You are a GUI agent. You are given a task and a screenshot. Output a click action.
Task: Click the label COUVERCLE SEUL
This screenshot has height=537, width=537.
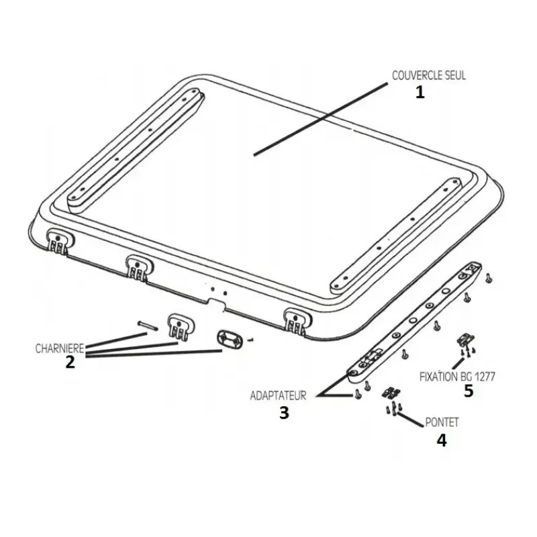(429, 75)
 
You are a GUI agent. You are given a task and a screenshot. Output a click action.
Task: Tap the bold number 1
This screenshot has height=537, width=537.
(420, 92)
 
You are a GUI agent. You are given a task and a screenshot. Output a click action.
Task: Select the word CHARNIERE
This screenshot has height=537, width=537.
(60, 348)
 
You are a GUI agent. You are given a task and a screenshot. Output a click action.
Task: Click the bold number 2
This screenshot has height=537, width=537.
(70, 362)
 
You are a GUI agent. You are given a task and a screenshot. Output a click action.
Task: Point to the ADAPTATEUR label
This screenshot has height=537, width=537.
(278, 395)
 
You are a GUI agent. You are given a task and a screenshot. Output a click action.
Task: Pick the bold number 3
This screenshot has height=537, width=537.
(284, 413)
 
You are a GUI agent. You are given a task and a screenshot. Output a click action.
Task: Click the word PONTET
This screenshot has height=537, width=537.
(442, 422)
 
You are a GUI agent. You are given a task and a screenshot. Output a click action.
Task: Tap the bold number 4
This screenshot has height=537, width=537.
(442, 440)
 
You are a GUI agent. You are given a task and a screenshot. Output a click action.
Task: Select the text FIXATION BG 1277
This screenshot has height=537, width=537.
(458, 377)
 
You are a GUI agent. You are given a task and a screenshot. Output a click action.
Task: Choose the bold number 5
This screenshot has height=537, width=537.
(469, 391)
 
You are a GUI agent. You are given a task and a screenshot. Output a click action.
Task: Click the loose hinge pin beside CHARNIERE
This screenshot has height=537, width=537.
(147, 326)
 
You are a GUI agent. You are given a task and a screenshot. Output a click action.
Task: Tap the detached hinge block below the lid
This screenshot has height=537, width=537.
(181, 328)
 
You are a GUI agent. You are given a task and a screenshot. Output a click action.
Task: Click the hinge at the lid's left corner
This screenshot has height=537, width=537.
(59, 242)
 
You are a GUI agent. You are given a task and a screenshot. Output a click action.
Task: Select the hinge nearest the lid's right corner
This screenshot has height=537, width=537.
(297, 322)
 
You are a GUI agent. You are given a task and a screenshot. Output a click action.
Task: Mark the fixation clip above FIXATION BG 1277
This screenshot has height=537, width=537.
(466, 340)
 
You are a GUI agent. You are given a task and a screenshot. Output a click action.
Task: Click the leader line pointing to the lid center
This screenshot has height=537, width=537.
(321, 119)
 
